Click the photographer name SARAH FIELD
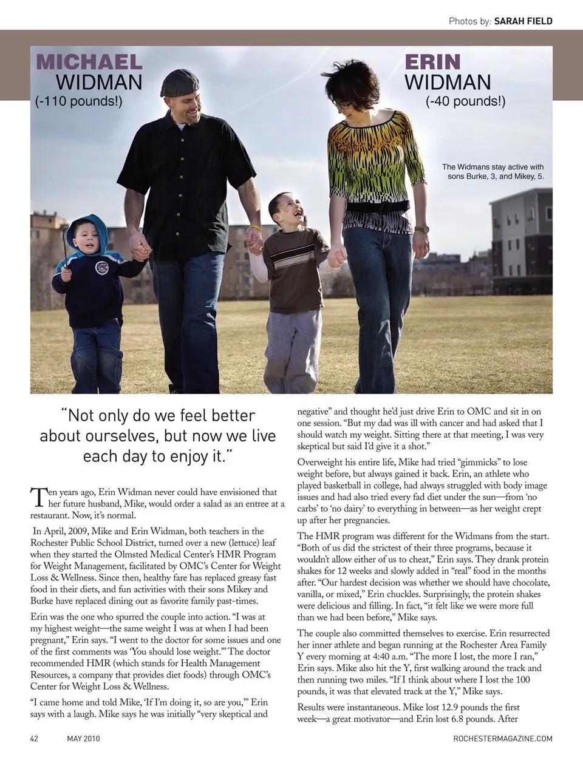(x=523, y=21)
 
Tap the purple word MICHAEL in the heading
(x=89, y=62)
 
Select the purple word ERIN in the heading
(x=432, y=62)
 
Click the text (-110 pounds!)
(x=79, y=101)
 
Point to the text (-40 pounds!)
(x=465, y=101)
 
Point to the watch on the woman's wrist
(x=421, y=229)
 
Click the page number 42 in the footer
(x=35, y=739)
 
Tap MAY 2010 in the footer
(x=83, y=739)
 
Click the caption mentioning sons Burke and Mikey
(x=493, y=172)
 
